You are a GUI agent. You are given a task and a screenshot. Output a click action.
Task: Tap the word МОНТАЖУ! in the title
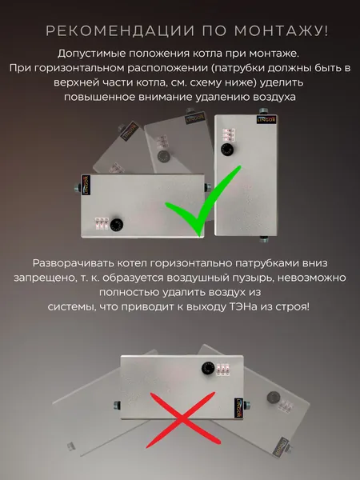(282, 31)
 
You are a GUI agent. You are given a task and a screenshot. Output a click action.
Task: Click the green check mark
(203, 201)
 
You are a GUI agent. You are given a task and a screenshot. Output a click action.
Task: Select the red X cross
(182, 420)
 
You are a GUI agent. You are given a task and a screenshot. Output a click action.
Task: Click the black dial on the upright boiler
(227, 150)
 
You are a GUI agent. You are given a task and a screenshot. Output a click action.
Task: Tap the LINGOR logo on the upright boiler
(266, 119)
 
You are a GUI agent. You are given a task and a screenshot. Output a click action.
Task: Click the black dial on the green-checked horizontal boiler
(116, 225)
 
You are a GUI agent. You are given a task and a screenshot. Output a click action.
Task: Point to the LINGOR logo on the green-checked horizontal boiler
(86, 185)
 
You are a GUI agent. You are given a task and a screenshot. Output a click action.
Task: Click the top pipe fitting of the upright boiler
(262, 111)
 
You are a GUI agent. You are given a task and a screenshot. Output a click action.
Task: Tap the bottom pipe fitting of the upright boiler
(263, 238)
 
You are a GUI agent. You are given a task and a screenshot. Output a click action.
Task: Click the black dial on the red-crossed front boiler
(208, 368)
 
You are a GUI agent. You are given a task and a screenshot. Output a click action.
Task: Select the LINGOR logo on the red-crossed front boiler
(238, 408)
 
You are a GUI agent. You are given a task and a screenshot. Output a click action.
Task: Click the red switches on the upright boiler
(229, 134)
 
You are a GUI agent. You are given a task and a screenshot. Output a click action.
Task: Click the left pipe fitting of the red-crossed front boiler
(117, 405)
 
